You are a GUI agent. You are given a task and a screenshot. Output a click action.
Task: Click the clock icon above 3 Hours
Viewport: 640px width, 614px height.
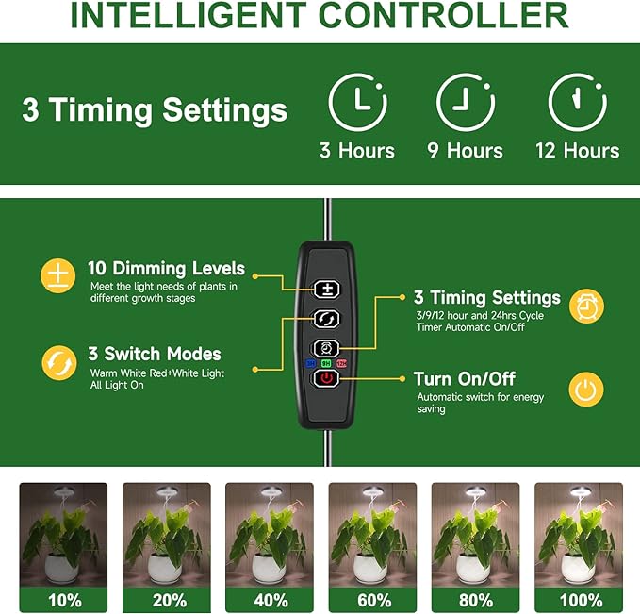357,103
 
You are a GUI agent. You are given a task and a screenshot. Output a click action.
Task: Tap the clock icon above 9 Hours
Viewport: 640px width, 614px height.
466,103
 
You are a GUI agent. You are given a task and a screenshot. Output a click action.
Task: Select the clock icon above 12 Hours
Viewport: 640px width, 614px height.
577,103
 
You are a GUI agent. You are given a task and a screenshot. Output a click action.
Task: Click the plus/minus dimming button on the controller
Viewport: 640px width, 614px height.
326,290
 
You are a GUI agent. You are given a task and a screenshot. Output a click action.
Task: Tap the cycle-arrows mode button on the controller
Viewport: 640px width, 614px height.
326,319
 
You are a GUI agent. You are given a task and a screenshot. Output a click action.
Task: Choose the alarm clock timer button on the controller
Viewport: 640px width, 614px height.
326,347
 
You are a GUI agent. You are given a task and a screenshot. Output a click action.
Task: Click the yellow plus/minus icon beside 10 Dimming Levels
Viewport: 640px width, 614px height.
58,275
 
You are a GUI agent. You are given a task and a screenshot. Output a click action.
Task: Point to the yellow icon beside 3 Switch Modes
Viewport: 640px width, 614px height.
58,362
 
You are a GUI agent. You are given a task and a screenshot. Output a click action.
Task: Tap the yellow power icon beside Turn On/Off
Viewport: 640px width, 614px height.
586,389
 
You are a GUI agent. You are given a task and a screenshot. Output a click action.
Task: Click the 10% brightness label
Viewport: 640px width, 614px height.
64,600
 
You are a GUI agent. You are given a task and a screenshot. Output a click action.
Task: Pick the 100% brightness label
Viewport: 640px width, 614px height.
578,600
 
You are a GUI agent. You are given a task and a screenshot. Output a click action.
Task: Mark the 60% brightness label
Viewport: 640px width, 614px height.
372,600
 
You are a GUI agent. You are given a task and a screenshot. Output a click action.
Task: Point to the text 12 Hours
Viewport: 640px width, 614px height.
577,151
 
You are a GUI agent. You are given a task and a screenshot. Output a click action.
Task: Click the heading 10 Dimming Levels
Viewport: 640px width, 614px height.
166,269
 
